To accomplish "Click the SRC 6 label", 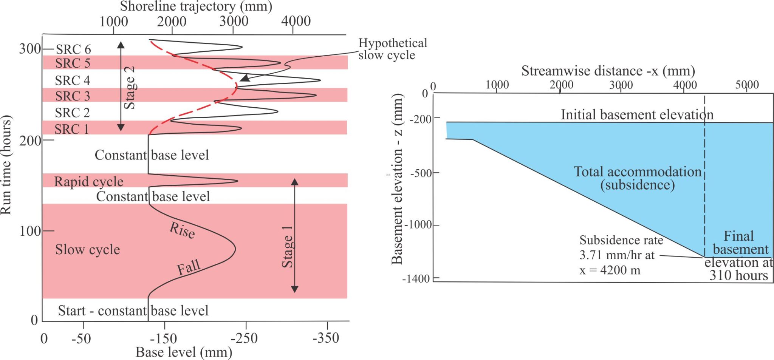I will [x=73, y=49].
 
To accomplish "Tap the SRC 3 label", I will [x=73, y=96].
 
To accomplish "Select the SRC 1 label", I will [x=72, y=129].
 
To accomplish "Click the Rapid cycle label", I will [x=89, y=182].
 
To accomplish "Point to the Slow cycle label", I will [x=87, y=249].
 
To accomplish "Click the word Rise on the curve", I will [x=182, y=230].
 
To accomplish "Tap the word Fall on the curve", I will [x=188, y=267].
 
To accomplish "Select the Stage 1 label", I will [x=288, y=247].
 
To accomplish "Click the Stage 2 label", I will [x=130, y=88].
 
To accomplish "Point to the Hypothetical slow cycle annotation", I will [x=393, y=49].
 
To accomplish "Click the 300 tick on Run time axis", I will [x=30, y=49].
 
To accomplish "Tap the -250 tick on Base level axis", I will [x=244, y=338].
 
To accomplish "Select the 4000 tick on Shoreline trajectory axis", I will [x=296, y=21].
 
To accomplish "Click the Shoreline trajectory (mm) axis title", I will [x=196, y=6].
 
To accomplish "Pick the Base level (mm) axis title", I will [x=184, y=352].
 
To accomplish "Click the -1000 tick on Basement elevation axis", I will [x=418, y=225].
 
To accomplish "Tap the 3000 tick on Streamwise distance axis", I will [x=621, y=85].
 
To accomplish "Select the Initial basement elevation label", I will [x=637, y=114].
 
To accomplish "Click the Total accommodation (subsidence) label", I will [x=638, y=178].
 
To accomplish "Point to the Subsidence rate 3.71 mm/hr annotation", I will [x=621, y=255].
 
